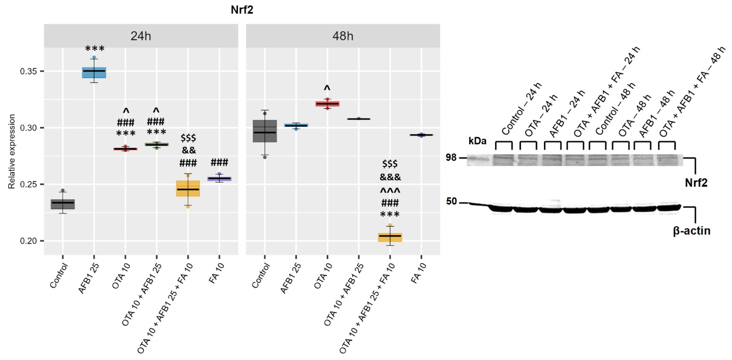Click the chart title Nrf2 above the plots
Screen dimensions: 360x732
(x=242, y=10)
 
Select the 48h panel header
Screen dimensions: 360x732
(x=343, y=36)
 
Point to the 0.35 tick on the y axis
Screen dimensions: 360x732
(x=28, y=71)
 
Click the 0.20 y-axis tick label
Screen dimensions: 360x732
(x=28, y=241)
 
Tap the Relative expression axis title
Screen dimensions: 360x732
(x=11, y=151)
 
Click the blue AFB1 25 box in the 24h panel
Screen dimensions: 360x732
(x=94, y=73)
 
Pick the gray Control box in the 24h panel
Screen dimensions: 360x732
(x=63, y=204)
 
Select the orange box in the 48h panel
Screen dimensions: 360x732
(x=390, y=237)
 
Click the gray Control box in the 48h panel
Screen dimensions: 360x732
(x=265, y=131)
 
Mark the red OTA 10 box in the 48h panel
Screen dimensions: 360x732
(x=327, y=104)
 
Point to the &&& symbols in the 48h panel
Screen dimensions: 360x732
(x=390, y=177)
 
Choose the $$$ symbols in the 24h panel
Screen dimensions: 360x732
(x=188, y=138)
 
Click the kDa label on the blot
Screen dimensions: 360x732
(x=477, y=141)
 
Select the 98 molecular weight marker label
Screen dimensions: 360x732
(x=451, y=157)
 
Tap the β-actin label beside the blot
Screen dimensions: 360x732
(x=691, y=231)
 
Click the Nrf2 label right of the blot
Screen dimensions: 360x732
(x=696, y=183)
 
